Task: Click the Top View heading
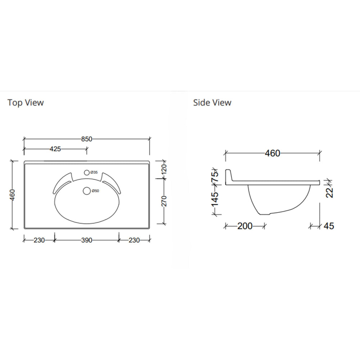(x=26, y=103)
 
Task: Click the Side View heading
(x=212, y=103)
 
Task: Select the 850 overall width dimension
(x=87, y=139)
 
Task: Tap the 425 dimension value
(x=55, y=149)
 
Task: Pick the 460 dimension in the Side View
(x=272, y=153)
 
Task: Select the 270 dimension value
(x=164, y=201)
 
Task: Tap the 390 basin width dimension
(x=87, y=240)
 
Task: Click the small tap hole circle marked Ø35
(x=86, y=173)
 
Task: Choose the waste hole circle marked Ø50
(x=86, y=191)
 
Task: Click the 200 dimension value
(x=245, y=226)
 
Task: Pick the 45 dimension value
(x=329, y=226)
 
